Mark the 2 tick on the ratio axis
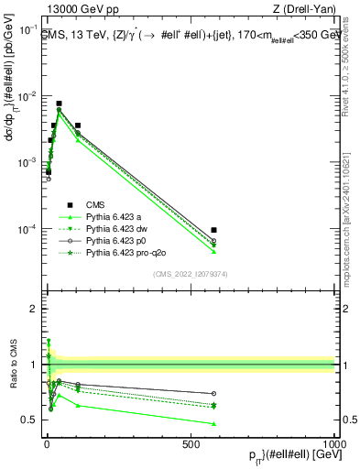click(32, 309)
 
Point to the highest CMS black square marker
click(59, 104)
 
